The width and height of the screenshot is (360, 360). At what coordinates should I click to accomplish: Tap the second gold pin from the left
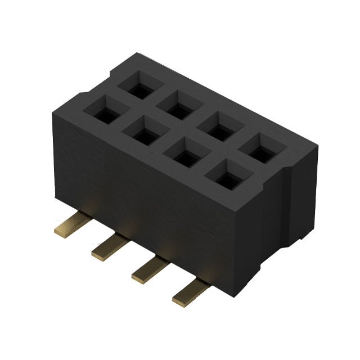tap(108, 247)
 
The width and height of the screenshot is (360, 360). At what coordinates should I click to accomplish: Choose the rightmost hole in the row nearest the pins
tap(222, 177)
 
